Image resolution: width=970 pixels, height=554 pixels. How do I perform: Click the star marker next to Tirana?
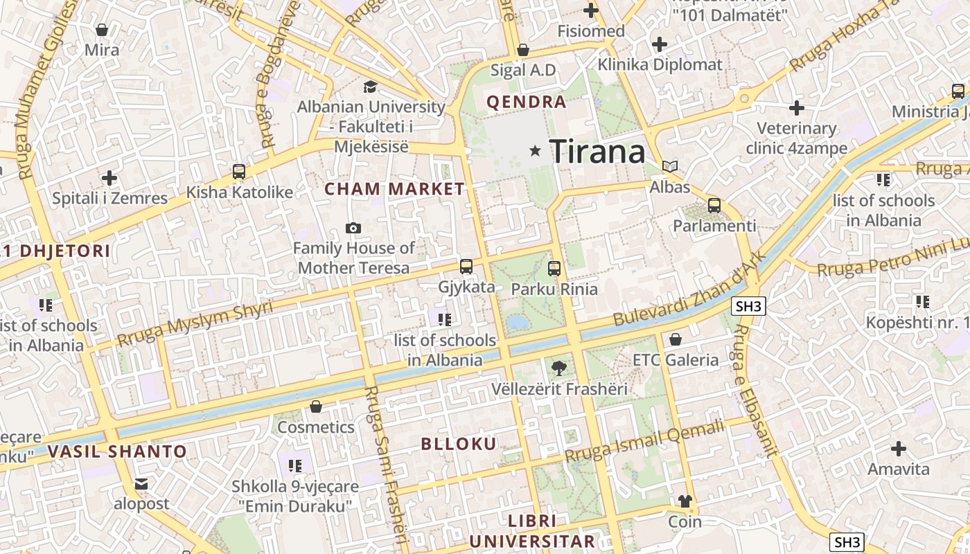point(535,150)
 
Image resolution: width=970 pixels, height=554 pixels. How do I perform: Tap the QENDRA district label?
point(527,102)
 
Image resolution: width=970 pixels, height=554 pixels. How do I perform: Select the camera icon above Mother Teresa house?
point(353,228)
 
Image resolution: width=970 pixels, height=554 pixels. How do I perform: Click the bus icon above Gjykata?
point(466,267)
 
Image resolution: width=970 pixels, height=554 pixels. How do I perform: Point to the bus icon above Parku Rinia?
point(554,269)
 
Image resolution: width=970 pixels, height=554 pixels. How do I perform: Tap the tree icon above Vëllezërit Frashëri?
point(558,368)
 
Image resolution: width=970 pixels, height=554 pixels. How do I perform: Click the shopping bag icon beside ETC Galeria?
point(676,339)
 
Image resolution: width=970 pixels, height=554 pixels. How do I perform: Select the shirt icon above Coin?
point(685,501)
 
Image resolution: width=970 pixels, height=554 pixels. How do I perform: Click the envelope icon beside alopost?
point(141,483)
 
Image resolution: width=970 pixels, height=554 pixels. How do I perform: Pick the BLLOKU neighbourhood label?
point(459,445)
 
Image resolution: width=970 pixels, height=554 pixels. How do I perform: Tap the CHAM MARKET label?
point(395,189)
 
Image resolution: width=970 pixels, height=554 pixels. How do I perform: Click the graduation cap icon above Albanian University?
point(371,87)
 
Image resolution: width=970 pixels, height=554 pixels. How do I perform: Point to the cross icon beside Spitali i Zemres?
point(109,178)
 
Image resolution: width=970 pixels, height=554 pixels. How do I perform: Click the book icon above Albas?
point(670,166)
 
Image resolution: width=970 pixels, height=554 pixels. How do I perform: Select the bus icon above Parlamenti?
point(714,206)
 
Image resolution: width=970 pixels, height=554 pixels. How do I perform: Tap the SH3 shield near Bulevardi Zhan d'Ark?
point(748,306)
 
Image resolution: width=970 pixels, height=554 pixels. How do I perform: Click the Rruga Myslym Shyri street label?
point(195,323)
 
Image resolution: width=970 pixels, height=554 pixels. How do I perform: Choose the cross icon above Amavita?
point(899,449)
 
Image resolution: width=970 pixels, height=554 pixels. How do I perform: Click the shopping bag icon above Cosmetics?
point(316,406)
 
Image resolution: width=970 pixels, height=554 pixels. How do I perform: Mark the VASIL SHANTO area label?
point(118,452)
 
